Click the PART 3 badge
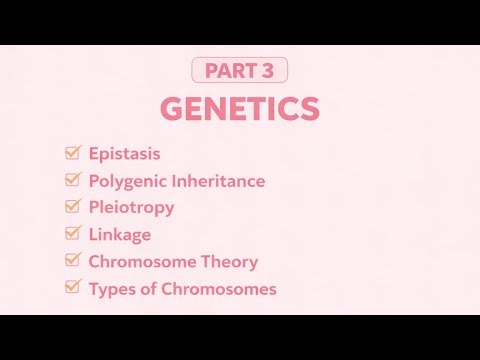[240, 71]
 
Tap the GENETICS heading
[240, 109]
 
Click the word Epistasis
[124, 154]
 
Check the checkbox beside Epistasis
[72, 154]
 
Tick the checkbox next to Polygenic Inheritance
[72, 181]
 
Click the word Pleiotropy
[131, 208]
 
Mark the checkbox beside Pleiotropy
[72, 208]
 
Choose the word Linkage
[120, 235]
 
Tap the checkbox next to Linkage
[72, 235]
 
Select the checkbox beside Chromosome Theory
[72, 262]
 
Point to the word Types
[111, 289]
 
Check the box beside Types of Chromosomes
[72, 289]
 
